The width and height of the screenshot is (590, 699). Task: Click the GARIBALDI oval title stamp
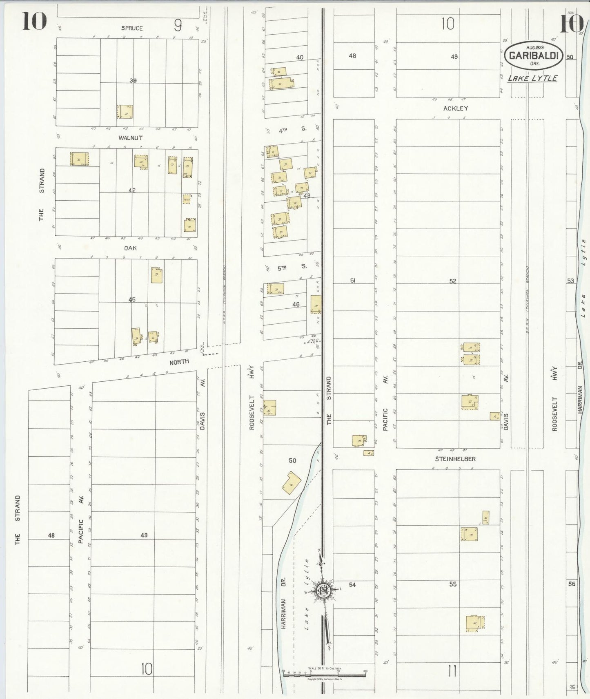[x=534, y=55]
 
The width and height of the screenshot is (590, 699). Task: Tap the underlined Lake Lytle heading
[x=532, y=78]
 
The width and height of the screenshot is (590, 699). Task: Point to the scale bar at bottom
[x=324, y=672]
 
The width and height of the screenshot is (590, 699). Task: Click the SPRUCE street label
[x=132, y=28]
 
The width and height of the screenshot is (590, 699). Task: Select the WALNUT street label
[x=130, y=138]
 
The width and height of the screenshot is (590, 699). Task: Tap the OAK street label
[x=130, y=248]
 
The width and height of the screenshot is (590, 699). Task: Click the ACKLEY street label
[x=455, y=108]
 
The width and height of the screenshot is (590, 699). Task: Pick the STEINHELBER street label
[x=455, y=459]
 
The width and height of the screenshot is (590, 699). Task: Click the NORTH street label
[x=179, y=361]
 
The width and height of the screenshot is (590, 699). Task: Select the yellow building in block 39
[x=125, y=112]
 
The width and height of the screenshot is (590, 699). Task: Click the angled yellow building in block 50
[x=292, y=483]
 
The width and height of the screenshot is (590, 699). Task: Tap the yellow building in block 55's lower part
[x=475, y=623]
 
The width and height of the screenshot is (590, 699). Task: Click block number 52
[x=452, y=281]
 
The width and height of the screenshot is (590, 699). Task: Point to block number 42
[x=132, y=190]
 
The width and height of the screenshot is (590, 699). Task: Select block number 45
[x=132, y=300]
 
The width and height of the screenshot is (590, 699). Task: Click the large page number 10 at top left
[x=34, y=21]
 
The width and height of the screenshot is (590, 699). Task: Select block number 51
[x=353, y=281]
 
